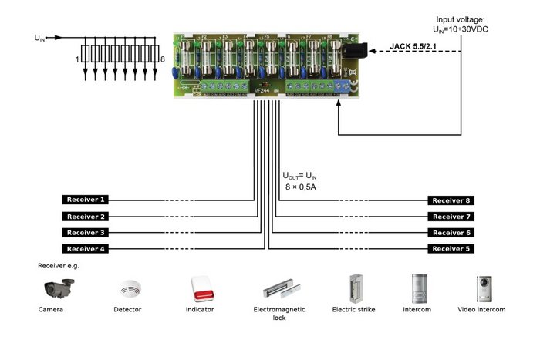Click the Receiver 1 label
[x=84, y=200]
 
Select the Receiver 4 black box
[x=84, y=248]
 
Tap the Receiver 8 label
[x=451, y=200]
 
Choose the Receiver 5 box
[x=451, y=248]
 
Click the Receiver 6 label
[x=451, y=232]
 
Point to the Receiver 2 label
[x=84, y=217]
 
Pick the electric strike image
[x=357, y=288]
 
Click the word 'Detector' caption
[x=127, y=310]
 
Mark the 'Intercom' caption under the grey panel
[x=417, y=310]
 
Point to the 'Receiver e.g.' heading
[x=59, y=265]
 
